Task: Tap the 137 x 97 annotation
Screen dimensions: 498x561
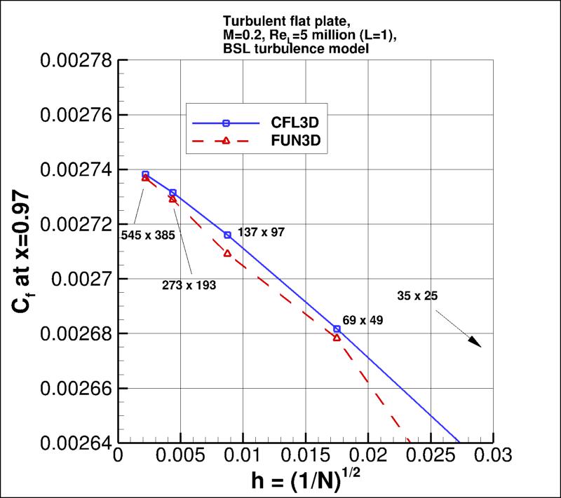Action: pyautogui.click(x=262, y=231)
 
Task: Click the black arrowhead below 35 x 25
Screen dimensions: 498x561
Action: pyautogui.click(x=476, y=343)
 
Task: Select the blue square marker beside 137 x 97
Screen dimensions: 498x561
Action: pyautogui.click(x=227, y=235)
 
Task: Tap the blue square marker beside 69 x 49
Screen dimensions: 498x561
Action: pyautogui.click(x=337, y=328)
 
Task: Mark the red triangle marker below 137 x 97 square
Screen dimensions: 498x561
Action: pyautogui.click(x=227, y=253)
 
